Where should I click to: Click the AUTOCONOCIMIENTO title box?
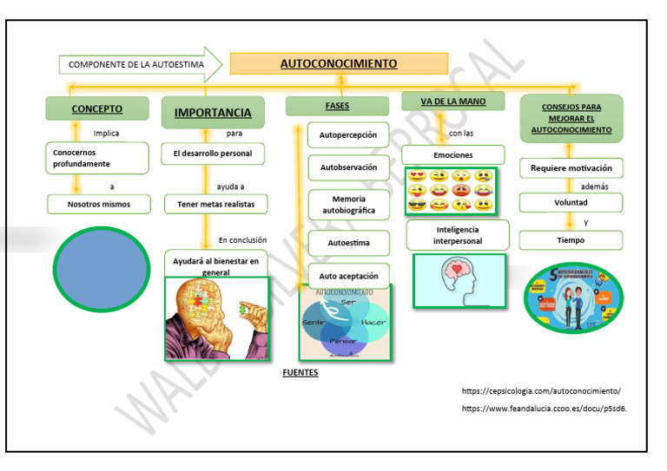(339, 63)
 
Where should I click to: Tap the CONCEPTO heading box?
(96, 108)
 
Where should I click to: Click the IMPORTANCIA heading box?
(213, 112)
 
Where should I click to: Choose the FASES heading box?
(337, 106)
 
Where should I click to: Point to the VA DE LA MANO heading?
(452, 101)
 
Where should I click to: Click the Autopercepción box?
(348, 135)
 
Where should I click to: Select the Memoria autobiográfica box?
(348, 205)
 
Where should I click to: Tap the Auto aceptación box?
(348, 276)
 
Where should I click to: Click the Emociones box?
(452, 154)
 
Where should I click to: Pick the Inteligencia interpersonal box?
(458, 234)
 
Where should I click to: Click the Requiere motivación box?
(571, 167)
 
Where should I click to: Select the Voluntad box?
(571, 202)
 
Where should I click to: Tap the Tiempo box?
(571, 240)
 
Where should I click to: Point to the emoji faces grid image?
(451, 191)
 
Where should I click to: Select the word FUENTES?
(300, 373)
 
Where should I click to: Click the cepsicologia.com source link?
(541, 391)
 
